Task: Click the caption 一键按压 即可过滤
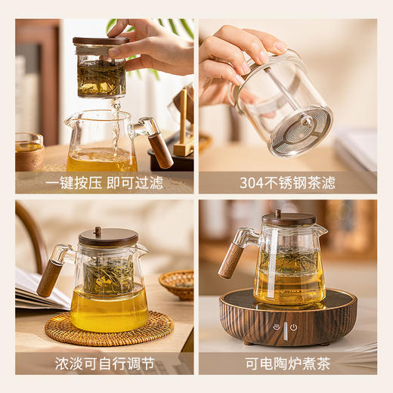pyautogui.click(x=104, y=183)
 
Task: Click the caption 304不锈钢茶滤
pyautogui.click(x=287, y=183)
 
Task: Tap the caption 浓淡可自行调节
pyautogui.click(x=104, y=364)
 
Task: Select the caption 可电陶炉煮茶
pyautogui.click(x=287, y=364)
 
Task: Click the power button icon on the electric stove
pyautogui.click(x=293, y=327)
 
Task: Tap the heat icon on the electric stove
pyautogui.click(x=277, y=327)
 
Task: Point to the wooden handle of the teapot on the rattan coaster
pyautogui.click(x=50, y=278)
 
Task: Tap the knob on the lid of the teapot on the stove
pyautogui.click(x=277, y=214)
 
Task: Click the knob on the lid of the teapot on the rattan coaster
pyautogui.click(x=97, y=231)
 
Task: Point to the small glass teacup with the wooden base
pyautogui.click(x=29, y=151)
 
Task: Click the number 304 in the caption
pyautogui.click(x=253, y=183)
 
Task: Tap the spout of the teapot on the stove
pyautogui.click(x=323, y=229)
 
